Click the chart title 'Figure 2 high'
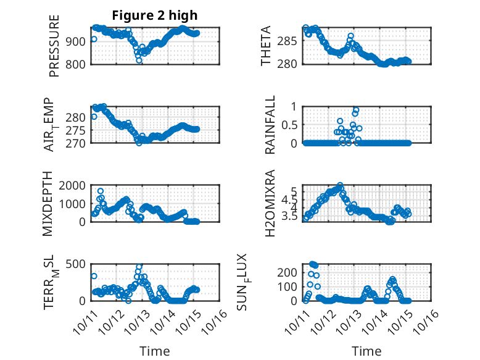(x=155, y=15)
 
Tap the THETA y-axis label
(x=266, y=46)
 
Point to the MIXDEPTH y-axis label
(x=48, y=204)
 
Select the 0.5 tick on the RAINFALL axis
(x=290, y=125)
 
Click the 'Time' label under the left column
(x=155, y=351)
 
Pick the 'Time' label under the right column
(x=366, y=351)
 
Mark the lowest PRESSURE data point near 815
(x=139, y=61)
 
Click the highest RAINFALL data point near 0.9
(x=356, y=110)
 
